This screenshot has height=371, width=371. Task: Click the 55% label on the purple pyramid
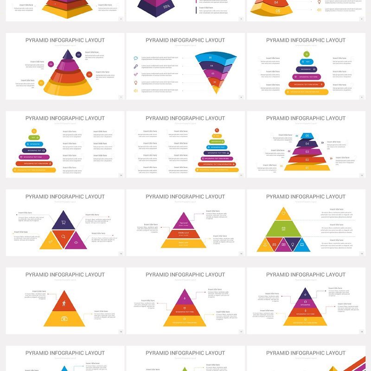tap(166, 6)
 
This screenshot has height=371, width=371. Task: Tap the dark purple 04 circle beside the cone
tap(79, 55)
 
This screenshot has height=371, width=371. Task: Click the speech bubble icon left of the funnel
tap(136, 58)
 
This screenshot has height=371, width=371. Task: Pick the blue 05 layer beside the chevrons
tap(307, 136)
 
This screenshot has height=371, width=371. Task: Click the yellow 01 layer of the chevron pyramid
tap(307, 167)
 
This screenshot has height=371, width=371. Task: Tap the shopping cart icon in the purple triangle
tap(64, 223)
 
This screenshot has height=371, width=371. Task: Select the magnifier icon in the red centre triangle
tap(64, 237)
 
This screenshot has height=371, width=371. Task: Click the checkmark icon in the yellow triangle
tap(50, 242)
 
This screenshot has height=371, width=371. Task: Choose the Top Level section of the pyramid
tap(184, 223)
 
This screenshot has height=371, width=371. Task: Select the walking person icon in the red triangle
tap(64, 304)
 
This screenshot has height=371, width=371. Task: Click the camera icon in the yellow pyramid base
tap(64, 319)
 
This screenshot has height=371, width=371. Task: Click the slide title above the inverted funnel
tap(185, 40)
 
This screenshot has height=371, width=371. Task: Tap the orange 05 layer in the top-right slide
tap(277, 10)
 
